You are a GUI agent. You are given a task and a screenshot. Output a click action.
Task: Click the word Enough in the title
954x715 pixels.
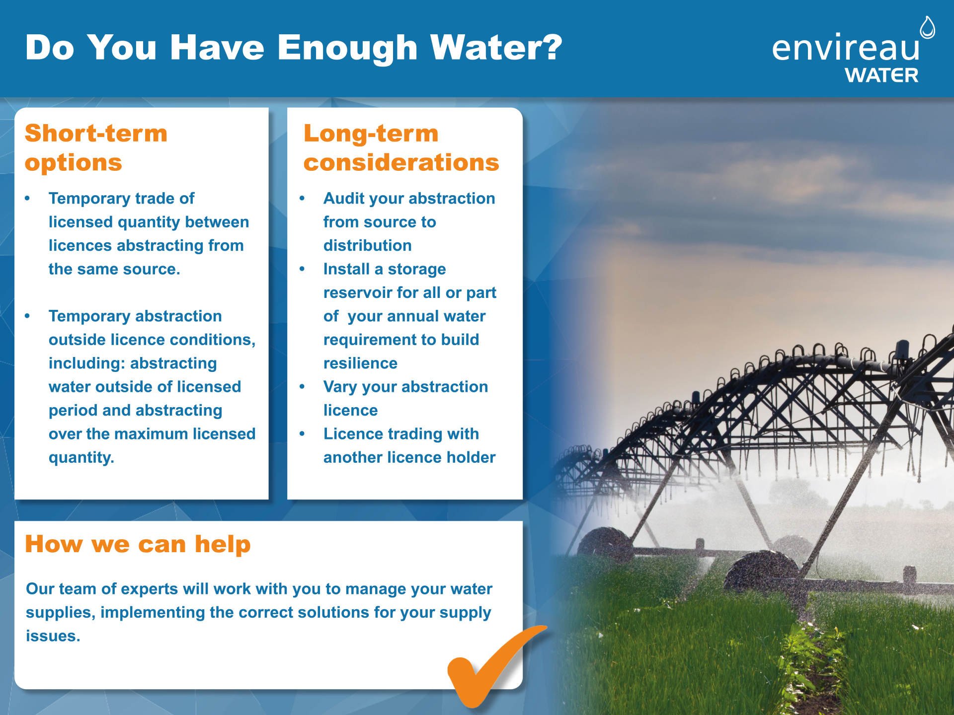click(x=347, y=49)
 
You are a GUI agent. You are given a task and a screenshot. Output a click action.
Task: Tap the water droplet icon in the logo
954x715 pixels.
click(x=927, y=28)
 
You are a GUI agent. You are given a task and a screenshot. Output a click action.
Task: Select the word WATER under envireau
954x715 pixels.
click(x=881, y=75)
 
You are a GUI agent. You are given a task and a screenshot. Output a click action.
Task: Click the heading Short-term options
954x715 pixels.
click(x=96, y=148)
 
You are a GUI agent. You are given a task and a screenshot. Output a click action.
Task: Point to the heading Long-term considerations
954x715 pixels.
click(x=401, y=148)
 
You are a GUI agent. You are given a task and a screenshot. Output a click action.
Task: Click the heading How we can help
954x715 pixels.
click(x=138, y=544)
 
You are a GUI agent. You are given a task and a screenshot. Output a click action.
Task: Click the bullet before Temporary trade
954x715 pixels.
click(x=27, y=199)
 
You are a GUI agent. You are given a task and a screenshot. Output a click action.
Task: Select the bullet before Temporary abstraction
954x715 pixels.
click(x=27, y=316)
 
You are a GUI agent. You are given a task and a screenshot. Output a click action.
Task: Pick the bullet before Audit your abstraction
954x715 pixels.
click(x=302, y=199)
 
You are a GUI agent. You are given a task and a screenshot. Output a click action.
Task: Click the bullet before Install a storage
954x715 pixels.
click(x=302, y=269)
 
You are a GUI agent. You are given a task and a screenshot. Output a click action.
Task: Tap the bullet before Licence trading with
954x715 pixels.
click(x=302, y=434)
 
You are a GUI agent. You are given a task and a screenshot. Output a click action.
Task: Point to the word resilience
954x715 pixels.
click(x=360, y=363)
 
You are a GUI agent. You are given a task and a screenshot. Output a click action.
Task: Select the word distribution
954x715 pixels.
click(x=368, y=245)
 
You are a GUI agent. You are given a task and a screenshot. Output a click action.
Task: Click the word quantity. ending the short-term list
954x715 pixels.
click(x=81, y=458)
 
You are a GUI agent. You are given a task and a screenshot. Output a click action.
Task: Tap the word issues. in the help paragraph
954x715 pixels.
click(x=53, y=636)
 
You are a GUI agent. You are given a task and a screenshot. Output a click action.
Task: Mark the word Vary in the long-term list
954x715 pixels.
click(x=340, y=387)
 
